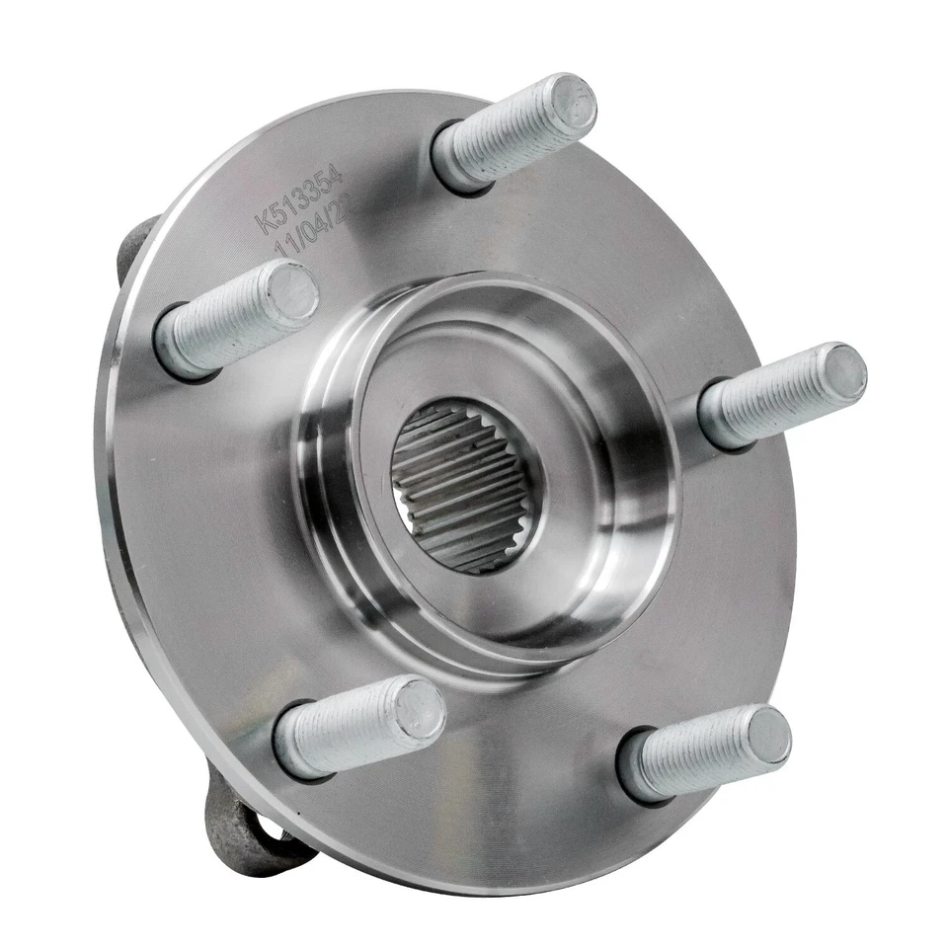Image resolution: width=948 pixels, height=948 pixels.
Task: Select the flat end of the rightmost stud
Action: pos(843,373)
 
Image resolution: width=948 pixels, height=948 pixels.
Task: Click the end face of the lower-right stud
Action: pos(768,735)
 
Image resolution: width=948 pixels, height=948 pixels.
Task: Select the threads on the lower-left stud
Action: pos(346,731)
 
